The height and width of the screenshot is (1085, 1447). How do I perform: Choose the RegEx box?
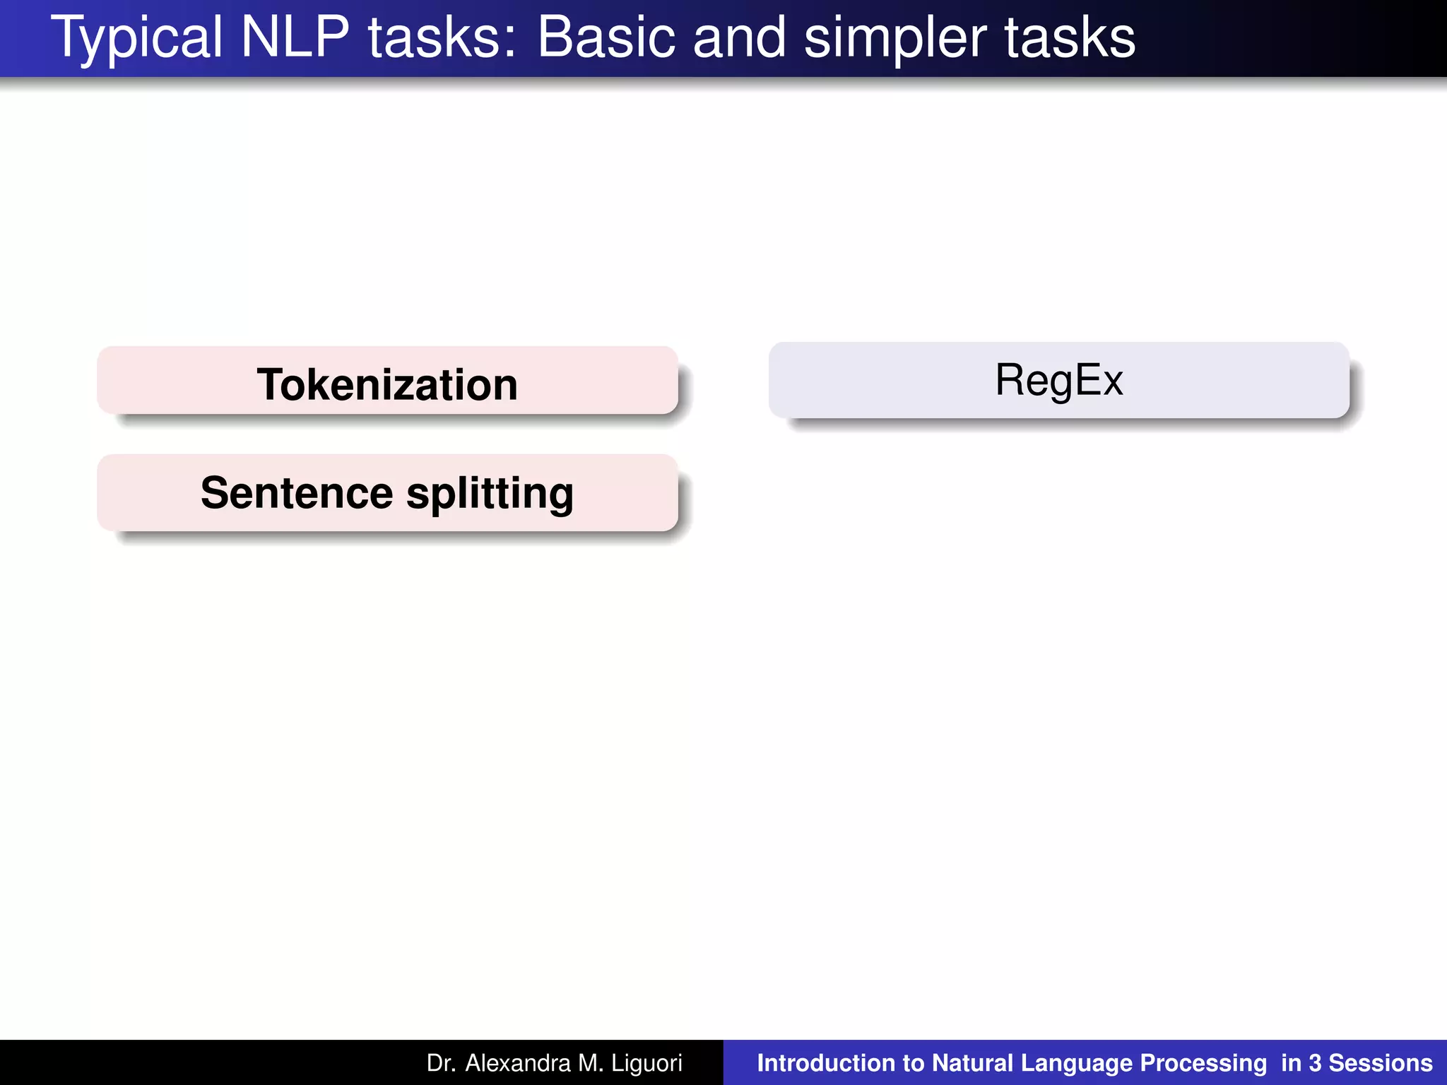(1058, 380)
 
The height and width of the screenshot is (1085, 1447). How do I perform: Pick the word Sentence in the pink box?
(297, 492)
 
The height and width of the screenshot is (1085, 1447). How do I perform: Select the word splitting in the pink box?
(490, 494)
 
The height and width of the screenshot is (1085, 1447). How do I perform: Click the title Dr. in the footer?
(441, 1063)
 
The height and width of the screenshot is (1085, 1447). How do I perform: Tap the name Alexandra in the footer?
(517, 1063)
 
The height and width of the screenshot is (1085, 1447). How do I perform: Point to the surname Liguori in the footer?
(646, 1064)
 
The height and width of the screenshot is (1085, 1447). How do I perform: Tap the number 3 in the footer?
(1315, 1063)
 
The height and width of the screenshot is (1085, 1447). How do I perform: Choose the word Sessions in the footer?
(1381, 1063)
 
